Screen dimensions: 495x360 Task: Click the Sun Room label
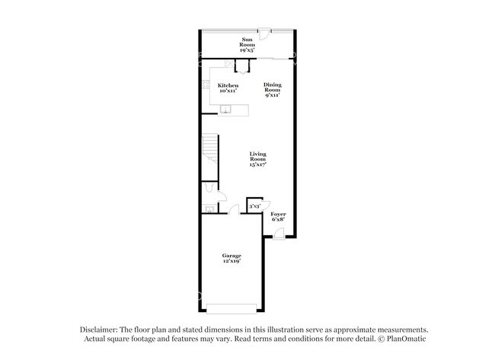(247, 44)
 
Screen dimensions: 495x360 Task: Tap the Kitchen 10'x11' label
(228, 88)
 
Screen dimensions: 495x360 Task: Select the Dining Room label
(273, 90)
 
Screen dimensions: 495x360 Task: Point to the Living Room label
(258, 159)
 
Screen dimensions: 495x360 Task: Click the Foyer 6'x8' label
(278, 217)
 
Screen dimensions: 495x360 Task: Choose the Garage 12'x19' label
(232, 259)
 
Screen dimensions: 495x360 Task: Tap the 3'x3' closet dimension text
(254, 206)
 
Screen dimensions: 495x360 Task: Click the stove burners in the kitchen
(206, 84)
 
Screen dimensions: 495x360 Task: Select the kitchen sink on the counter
(225, 110)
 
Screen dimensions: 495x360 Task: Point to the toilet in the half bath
(209, 188)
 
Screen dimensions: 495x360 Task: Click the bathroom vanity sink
(209, 209)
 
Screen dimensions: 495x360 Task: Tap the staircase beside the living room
(210, 149)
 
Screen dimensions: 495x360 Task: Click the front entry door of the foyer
(279, 234)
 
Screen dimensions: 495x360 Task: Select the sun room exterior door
(264, 34)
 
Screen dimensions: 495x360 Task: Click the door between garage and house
(234, 209)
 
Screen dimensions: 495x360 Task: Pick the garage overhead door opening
(232, 309)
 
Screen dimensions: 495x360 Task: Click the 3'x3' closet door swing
(266, 205)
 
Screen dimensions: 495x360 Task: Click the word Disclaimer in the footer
(98, 330)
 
